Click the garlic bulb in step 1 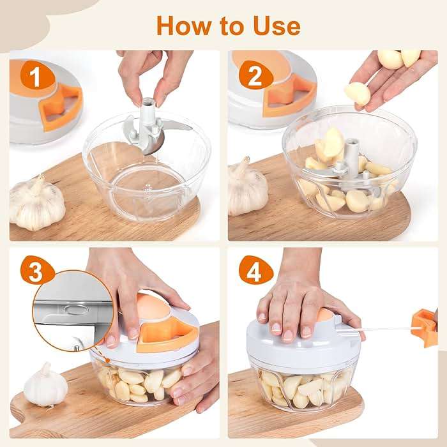point(37,203)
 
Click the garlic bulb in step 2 point(248,189)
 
